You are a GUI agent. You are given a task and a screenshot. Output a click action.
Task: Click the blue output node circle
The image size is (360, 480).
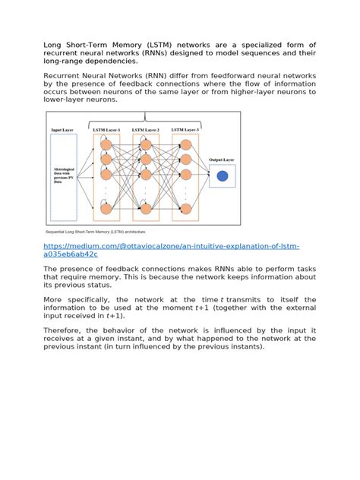pyautogui.click(x=223, y=176)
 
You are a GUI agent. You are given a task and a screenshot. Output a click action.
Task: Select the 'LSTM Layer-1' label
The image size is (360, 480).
pyautogui.click(x=106, y=130)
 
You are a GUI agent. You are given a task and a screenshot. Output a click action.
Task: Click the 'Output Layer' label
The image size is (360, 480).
pyautogui.click(x=223, y=160)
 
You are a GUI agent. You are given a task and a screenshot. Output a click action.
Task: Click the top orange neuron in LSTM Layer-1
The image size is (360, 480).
pyautogui.click(x=106, y=144)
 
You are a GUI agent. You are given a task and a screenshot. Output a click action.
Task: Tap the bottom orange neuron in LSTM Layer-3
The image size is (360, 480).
pyautogui.click(x=185, y=208)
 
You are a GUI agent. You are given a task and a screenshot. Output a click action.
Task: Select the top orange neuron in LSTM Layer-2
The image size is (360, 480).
pyautogui.click(x=145, y=144)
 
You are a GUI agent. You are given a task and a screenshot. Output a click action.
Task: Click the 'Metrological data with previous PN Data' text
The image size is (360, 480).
pyautogui.click(x=63, y=176)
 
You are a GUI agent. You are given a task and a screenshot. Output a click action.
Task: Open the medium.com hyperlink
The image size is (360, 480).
pyautogui.click(x=171, y=250)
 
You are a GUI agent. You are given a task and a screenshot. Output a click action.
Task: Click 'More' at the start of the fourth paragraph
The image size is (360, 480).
pyautogui.click(x=54, y=299)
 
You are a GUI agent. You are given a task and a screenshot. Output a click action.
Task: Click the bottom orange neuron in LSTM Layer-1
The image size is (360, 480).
pyautogui.click(x=106, y=208)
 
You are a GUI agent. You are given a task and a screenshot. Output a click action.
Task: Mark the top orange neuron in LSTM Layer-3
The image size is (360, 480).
pyautogui.click(x=185, y=144)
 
